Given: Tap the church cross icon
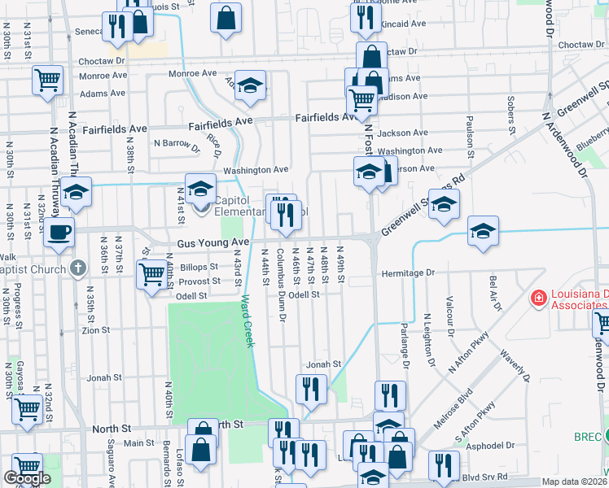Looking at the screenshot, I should click(x=78, y=268).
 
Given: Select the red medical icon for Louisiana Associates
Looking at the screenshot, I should click(x=537, y=298).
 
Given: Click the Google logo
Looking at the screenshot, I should click(x=27, y=478).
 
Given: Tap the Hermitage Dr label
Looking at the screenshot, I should click(x=409, y=274).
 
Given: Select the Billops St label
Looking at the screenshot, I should click(x=199, y=267).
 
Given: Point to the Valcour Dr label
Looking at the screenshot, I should click(x=449, y=315).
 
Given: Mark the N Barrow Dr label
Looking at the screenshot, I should click(x=177, y=143).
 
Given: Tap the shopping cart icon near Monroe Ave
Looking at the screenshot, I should click(x=48, y=81).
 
